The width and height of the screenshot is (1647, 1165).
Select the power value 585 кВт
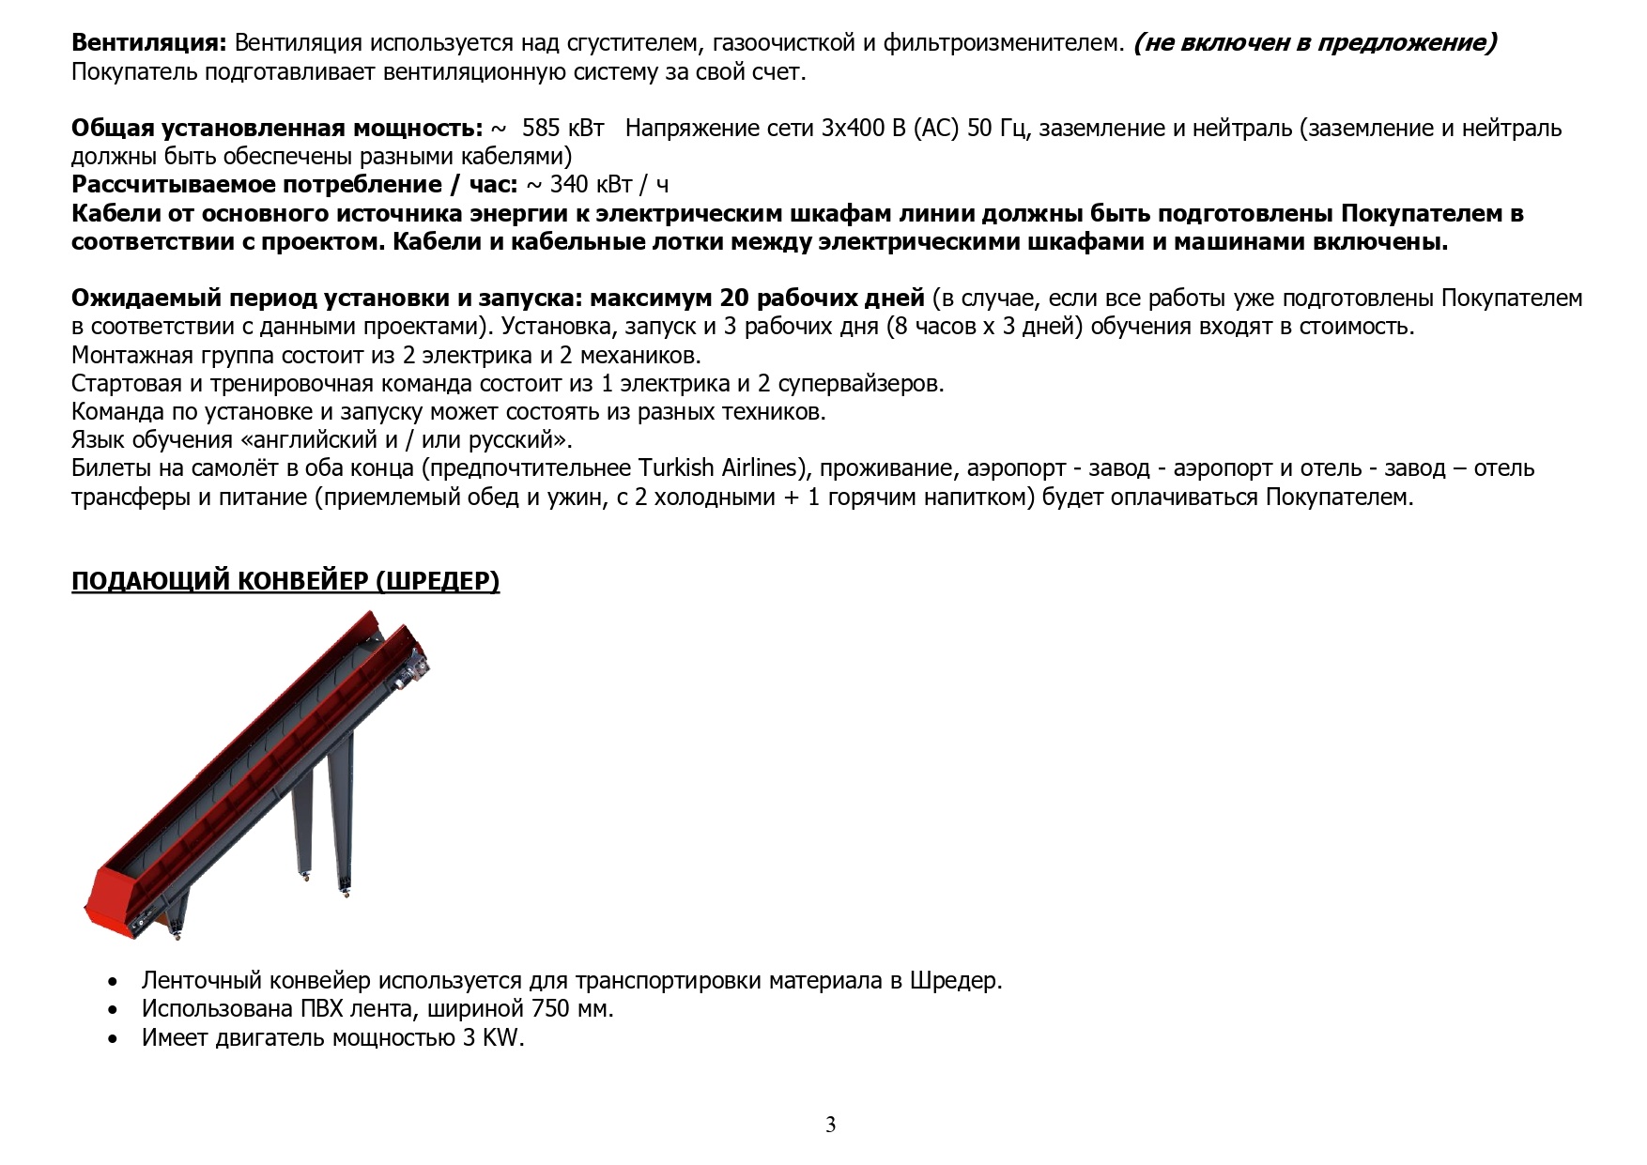tap(562, 129)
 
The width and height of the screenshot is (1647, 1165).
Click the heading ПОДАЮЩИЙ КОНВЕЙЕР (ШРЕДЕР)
tap(285, 581)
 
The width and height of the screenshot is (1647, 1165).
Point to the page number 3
tap(830, 1125)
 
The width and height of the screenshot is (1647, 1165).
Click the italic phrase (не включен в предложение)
tap(1315, 43)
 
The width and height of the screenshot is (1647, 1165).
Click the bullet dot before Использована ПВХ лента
tap(114, 1011)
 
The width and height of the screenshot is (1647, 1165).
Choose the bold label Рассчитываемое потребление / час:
tap(294, 185)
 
